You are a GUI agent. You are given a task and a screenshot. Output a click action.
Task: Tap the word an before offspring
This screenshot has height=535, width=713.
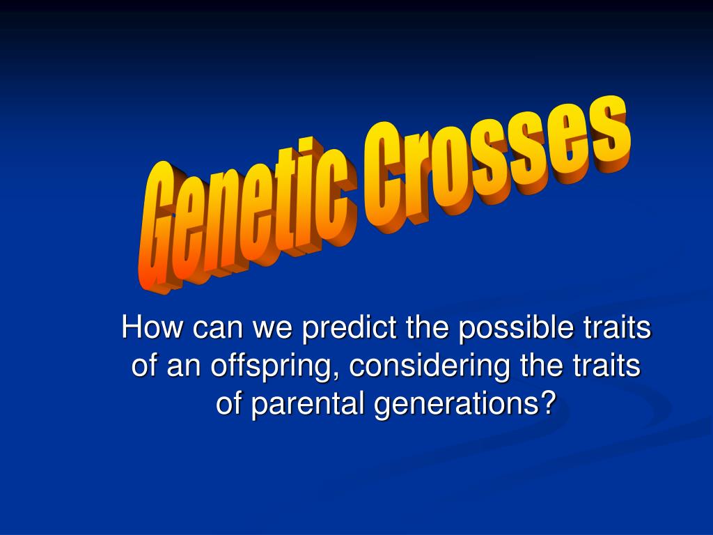click(182, 366)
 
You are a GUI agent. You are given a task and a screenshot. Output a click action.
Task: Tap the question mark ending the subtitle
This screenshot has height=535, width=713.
click(549, 404)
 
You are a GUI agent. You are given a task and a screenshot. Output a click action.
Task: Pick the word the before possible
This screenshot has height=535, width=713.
click(428, 329)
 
